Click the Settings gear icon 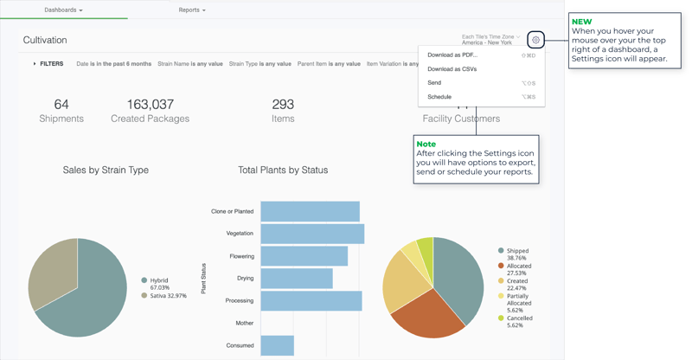pos(536,40)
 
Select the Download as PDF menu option pos(452,55)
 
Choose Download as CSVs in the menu pos(452,69)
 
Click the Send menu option pos(434,83)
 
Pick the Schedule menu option pos(439,97)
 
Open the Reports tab pos(192,10)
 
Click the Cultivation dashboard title pos(45,40)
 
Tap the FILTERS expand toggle pos(48,63)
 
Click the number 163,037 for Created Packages pos(150,105)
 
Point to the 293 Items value pos(283,105)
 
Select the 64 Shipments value pos(61,105)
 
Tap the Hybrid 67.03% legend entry pos(164,284)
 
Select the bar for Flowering pos(304,256)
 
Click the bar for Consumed pos(277,345)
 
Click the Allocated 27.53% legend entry pos(519,269)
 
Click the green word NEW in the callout pos(582,21)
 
